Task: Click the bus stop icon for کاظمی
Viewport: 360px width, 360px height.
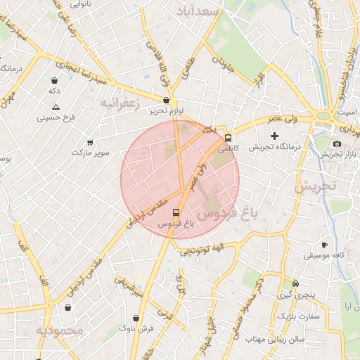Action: (x=228, y=138)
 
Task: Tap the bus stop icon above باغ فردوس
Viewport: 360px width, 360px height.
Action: (x=175, y=212)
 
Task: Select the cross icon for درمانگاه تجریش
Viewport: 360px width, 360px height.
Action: (x=274, y=135)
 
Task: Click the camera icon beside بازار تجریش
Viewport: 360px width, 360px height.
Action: (x=337, y=143)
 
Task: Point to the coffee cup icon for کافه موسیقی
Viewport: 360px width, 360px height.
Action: (x=323, y=245)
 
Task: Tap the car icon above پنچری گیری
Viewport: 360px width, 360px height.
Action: (x=295, y=283)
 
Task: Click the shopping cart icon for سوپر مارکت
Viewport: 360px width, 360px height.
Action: (x=89, y=142)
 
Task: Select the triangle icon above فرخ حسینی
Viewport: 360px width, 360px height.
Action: (x=56, y=107)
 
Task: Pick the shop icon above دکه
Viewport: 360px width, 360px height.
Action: (x=54, y=80)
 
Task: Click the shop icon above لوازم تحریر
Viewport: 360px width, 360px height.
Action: (x=166, y=101)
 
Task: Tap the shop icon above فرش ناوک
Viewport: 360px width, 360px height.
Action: (x=135, y=317)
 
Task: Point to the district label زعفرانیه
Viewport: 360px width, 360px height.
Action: (x=120, y=103)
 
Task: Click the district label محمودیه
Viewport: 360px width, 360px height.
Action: (x=60, y=330)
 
